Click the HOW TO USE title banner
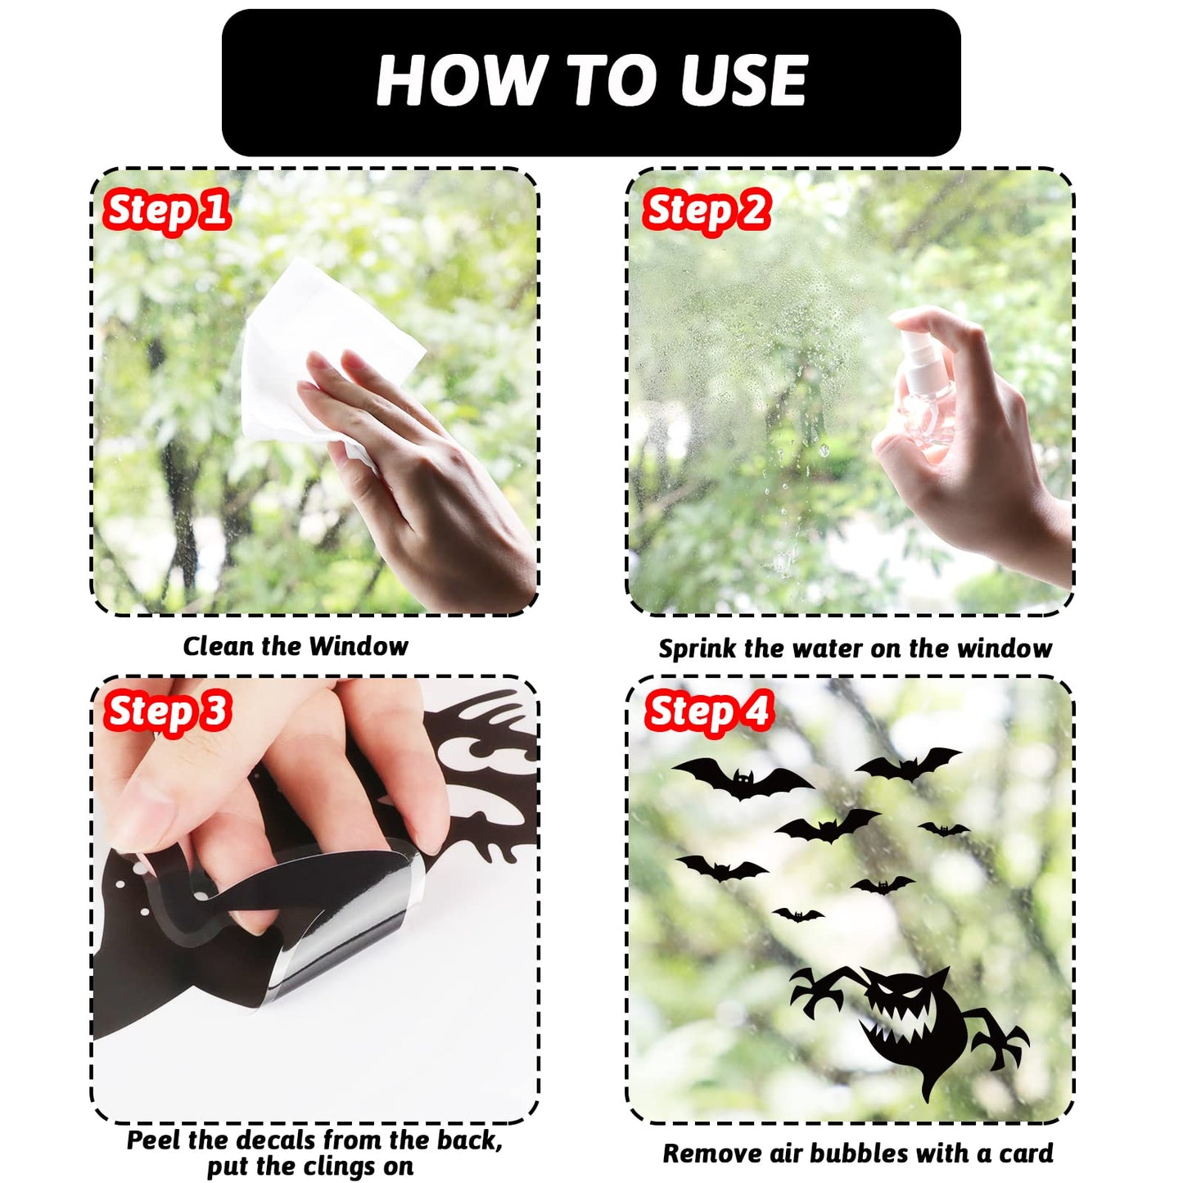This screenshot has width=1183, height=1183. click(x=590, y=82)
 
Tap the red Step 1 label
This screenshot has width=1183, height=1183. click(x=166, y=210)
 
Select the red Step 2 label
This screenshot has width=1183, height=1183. click(x=706, y=210)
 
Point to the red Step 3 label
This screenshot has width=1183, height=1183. click(x=167, y=711)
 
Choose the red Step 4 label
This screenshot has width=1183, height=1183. click(x=707, y=711)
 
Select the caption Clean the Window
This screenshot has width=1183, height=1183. click(x=296, y=647)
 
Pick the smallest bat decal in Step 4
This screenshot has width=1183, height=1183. click(x=798, y=915)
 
